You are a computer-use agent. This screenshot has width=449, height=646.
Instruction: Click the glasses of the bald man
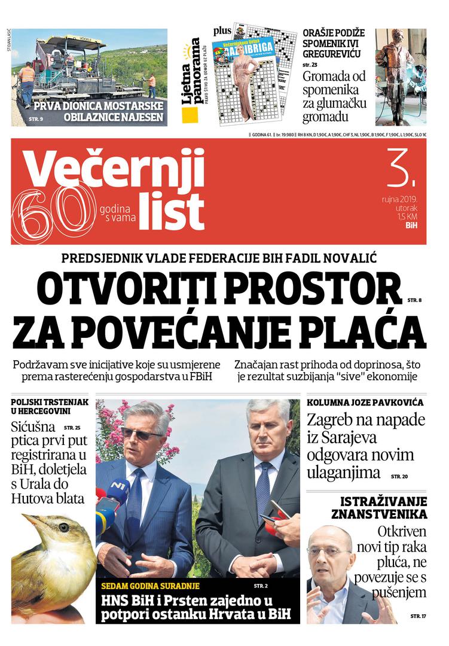click(x=330, y=552)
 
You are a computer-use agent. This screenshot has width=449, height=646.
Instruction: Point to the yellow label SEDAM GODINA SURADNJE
click(x=150, y=586)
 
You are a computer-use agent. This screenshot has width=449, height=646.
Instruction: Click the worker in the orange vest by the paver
click(x=26, y=81)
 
